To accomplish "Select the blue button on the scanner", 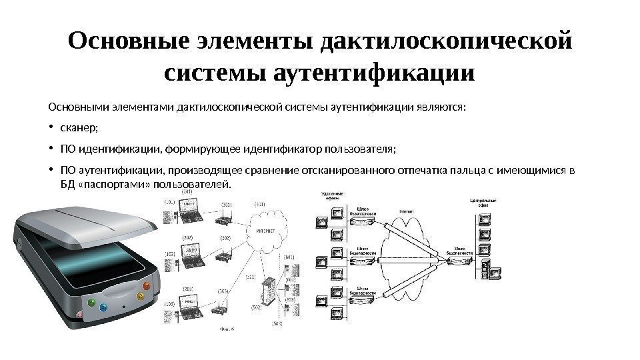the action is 103,308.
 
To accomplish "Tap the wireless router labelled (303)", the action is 220,307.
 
